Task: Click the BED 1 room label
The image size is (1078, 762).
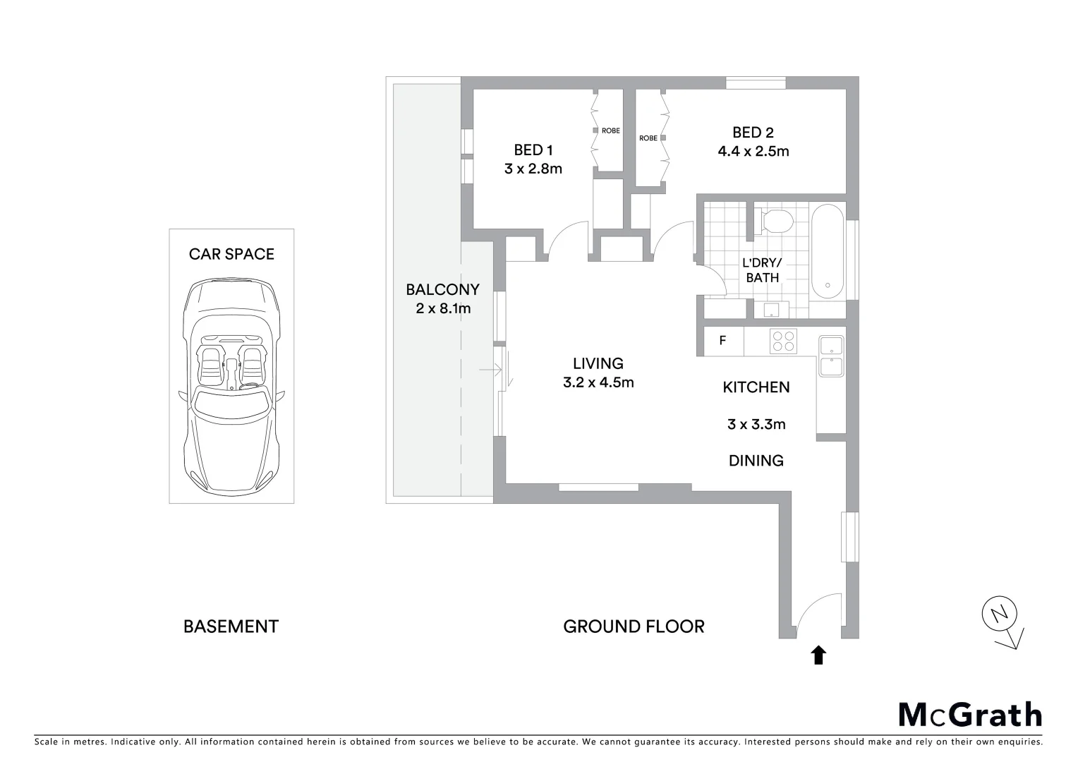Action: (533, 150)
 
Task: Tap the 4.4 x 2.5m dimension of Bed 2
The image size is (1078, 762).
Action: (753, 151)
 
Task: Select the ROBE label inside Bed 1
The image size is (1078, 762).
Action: (610, 131)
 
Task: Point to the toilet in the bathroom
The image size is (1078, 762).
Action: (777, 221)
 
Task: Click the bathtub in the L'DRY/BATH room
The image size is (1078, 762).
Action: (828, 252)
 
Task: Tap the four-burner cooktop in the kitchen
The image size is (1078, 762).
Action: (783, 341)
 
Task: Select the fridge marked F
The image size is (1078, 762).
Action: (722, 341)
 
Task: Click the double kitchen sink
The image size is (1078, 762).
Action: (830, 356)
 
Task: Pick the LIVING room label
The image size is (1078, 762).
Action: (598, 363)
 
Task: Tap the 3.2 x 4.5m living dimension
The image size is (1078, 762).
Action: (598, 382)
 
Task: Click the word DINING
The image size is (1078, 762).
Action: (756, 461)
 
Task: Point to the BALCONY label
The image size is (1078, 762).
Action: (442, 289)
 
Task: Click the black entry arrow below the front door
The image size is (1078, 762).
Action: (818, 655)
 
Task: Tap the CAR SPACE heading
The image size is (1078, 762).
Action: (231, 254)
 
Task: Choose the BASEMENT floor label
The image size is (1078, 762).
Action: (231, 627)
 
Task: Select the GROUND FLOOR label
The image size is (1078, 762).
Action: (634, 627)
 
